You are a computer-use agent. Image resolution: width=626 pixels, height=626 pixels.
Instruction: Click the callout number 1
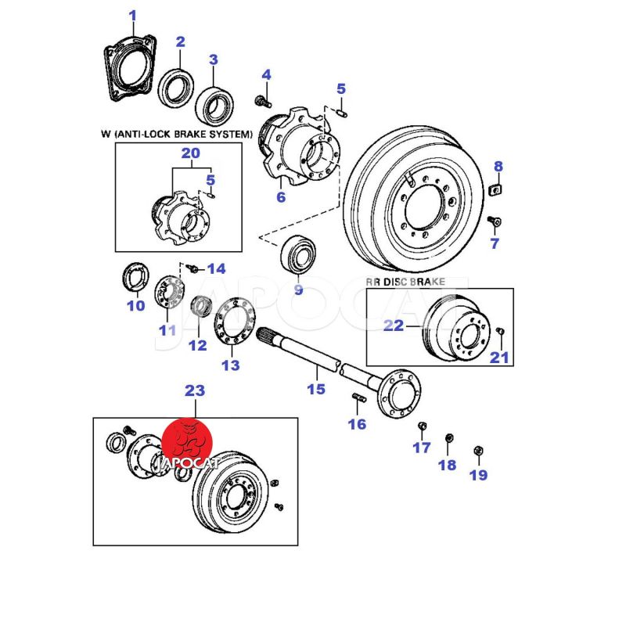coord(132,16)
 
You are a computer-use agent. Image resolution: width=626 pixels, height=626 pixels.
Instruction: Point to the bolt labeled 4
coord(262,101)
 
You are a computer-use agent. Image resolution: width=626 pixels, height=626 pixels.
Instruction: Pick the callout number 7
coord(494,243)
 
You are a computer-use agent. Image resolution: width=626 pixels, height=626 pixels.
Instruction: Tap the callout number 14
coord(214,269)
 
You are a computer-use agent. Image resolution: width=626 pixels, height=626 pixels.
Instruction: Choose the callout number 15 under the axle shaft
coord(315,388)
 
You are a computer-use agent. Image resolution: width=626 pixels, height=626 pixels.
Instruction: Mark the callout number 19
coord(477,474)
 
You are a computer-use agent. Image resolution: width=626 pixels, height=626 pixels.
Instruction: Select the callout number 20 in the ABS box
coord(191,154)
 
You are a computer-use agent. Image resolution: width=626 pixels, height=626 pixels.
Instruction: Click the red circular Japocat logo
coord(187,443)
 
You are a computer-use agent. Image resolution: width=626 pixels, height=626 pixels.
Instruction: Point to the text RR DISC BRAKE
coord(405,280)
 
